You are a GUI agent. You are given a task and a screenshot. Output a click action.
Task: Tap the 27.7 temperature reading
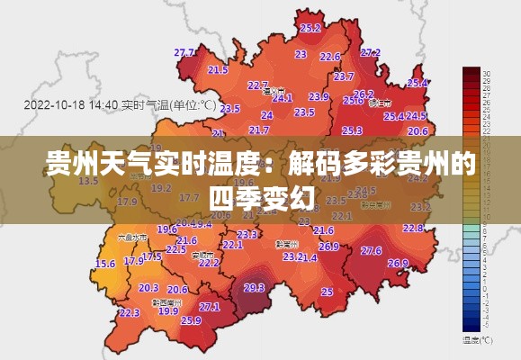185,52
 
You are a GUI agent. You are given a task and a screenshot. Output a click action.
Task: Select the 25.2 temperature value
310,28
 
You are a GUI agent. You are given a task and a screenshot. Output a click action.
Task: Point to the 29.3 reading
254,288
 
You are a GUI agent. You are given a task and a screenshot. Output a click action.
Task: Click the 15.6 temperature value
105,264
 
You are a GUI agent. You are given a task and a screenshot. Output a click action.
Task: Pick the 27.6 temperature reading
371,250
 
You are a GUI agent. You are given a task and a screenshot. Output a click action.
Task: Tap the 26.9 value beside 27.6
398,263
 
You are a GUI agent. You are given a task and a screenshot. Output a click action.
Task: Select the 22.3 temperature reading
129,312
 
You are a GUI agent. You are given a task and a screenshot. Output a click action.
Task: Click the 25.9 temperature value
191,319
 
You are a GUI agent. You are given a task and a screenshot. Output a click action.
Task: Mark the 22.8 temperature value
413,228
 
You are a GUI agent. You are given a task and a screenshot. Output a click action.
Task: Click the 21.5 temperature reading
218,69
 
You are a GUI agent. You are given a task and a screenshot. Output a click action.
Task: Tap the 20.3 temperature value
148,288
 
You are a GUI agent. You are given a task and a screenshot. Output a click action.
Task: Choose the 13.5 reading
88,181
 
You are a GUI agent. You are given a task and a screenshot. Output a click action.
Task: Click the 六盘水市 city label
133,238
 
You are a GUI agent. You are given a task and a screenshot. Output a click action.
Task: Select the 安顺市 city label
203,255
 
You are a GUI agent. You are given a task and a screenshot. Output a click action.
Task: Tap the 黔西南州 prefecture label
165,302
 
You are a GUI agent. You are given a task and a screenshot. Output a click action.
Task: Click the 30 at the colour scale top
486,72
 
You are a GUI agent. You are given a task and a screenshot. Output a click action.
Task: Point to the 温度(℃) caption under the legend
477,340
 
